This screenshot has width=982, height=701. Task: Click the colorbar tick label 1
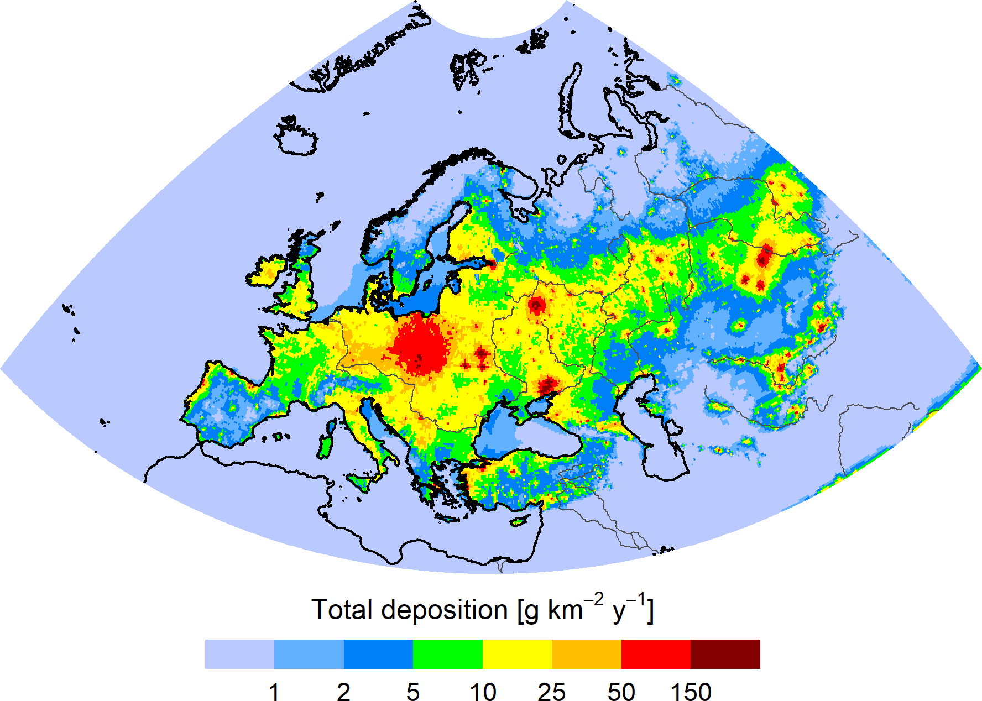pyautogui.click(x=274, y=692)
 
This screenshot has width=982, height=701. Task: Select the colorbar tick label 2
pyautogui.click(x=343, y=692)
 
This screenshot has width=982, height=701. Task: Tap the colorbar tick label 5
pyautogui.click(x=413, y=692)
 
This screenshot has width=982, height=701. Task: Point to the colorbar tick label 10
pyautogui.click(x=483, y=692)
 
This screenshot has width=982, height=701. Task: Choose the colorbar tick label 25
pyautogui.click(x=552, y=692)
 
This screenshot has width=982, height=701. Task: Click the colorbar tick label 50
pyautogui.click(x=621, y=692)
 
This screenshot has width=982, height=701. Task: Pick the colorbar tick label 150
pyautogui.click(x=691, y=692)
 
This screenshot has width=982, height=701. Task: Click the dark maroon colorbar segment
pyautogui.click(x=725, y=654)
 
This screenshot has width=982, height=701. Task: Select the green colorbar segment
pyautogui.click(x=448, y=654)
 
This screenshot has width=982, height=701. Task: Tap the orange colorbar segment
pyautogui.click(x=586, y=654)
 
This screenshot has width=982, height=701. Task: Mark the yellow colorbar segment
pyautogui.click(x=517, y=654)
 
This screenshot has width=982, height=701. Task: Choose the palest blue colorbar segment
pyautogui.click(x=239, y=654)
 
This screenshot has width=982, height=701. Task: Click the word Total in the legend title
pyautogui.click(x=342, y=610)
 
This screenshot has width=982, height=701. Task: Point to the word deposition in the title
pyautogui.click(x=444, y=610)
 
